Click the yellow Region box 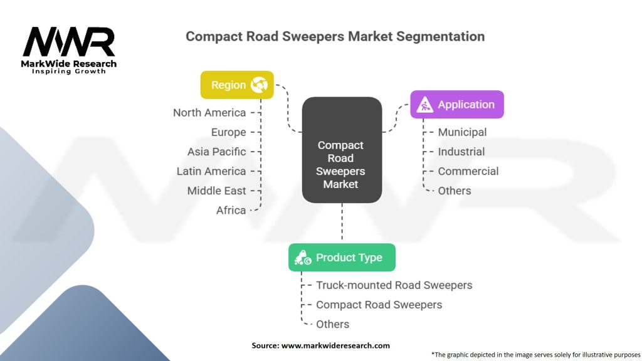click(x=237, y=85)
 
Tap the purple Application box click(x=457, y=105)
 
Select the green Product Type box click(x=342, y=258)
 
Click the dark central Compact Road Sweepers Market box click(x=342, y=150)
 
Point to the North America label click(x=209, y=113)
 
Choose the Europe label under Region click(x=228, y=132)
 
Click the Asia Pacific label click(x=216, y=152)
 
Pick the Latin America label click(x=211, y=171)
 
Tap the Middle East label click(x=216, y=191)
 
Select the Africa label click(x=231, y=211)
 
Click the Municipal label click(x=462, y=132)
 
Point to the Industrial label click(x=461, y=152)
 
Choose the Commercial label click(x=468, y=171)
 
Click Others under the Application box click(x=455, y=191)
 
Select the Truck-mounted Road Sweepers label click(x=394, y=285)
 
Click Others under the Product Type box click(x=332, y=324)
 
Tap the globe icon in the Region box click(x=259, y=85)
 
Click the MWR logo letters click(x=69, y=42)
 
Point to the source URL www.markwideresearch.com click(x=335, y=345)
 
